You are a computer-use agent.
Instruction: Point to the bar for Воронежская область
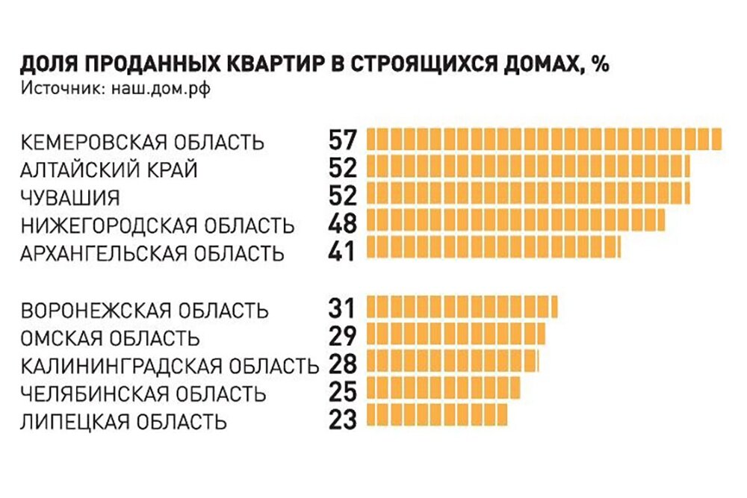coord(462,308)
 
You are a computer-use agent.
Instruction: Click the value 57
coord(344,140)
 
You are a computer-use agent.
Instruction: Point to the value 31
coord(343,308)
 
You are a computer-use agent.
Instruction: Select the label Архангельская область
coord(152,253)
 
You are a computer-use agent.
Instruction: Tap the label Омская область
coord(110,337)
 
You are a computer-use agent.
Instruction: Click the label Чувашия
coord(71,198)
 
